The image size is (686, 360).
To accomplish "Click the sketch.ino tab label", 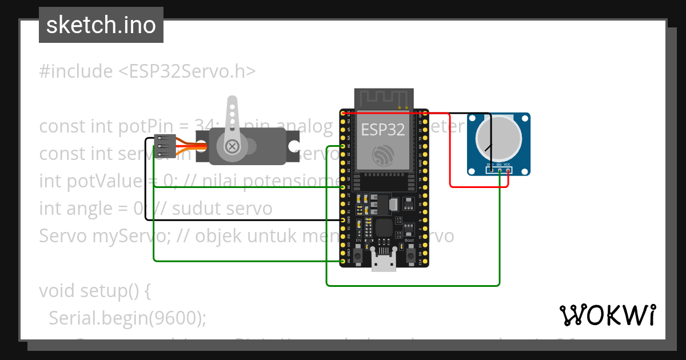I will click(101, 25).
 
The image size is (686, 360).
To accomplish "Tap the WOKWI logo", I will click(608, 315).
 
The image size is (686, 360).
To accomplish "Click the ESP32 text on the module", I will click(383, 129).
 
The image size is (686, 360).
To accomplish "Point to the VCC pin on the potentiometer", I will click(508, 170).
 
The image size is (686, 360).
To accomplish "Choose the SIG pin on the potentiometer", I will click(500, 170).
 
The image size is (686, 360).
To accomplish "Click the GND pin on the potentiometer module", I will click(491, 170).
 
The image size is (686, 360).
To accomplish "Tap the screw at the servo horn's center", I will click(232, 146).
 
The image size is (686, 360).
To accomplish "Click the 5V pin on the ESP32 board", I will click(343, 261).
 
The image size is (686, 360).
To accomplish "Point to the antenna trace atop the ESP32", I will click(383, 98).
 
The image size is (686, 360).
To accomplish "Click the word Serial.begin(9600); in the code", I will click(127, 318).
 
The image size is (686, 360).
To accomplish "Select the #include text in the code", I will click(76, 71).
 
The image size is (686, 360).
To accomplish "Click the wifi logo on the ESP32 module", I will click(382, 155).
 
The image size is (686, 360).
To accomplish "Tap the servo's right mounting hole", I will click(294, 147).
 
